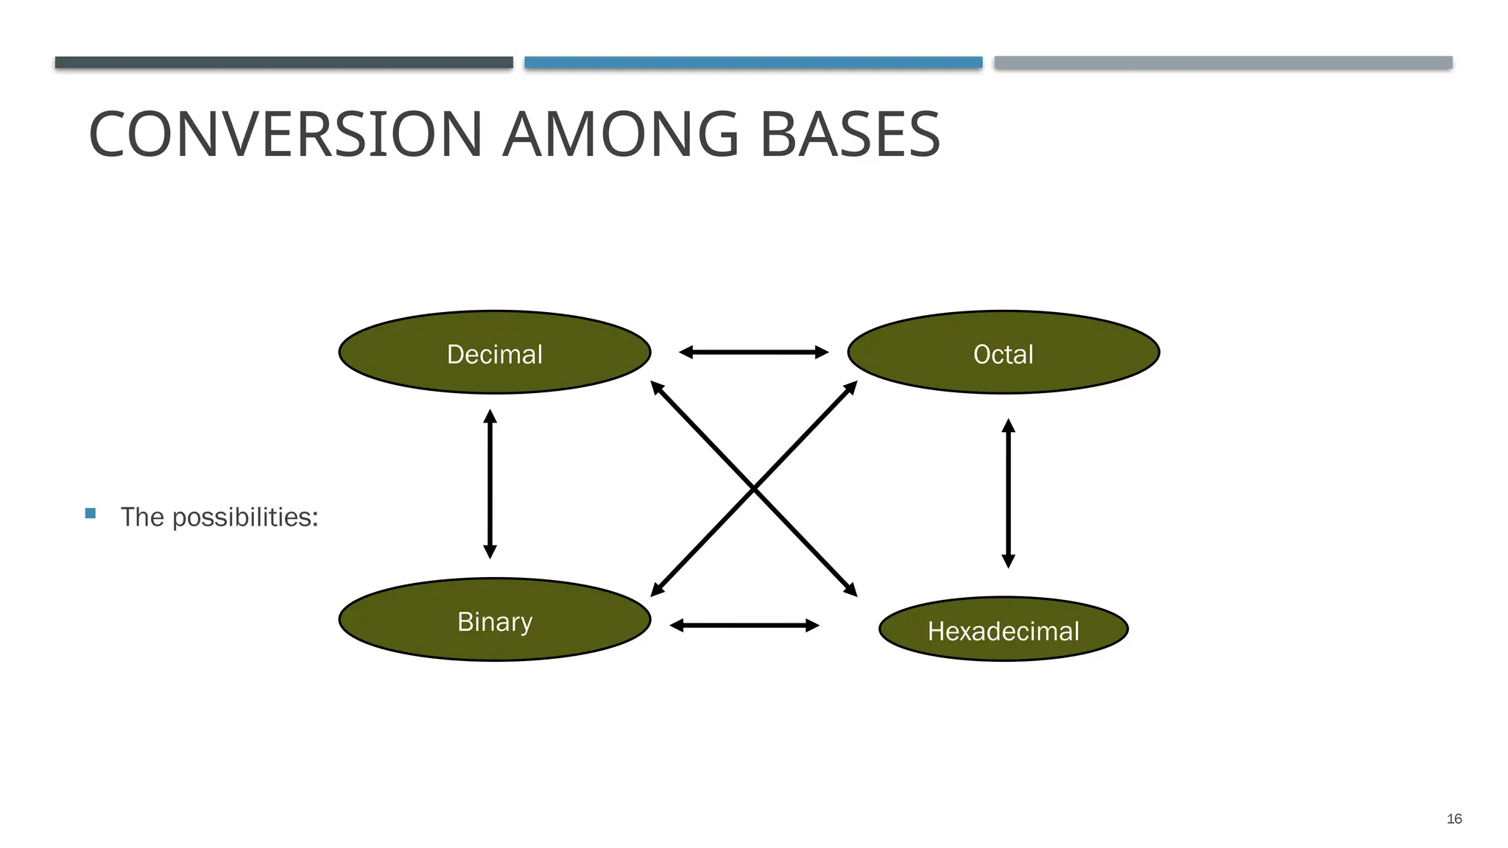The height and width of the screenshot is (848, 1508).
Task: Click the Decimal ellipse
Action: [495, 353]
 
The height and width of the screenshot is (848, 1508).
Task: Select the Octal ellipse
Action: [1003, 353]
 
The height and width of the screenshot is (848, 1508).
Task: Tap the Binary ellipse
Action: [495, 620]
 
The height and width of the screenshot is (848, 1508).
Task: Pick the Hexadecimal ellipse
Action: [1003, 629]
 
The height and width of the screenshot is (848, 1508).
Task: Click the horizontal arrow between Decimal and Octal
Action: [753, 353]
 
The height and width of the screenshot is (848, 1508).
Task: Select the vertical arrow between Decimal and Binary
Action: [490, 484]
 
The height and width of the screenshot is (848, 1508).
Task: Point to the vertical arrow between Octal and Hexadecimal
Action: [1009, 493]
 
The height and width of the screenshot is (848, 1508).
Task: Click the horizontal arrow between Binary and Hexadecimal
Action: [744, 626]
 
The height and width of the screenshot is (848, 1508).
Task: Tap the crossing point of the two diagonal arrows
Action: [754, 488]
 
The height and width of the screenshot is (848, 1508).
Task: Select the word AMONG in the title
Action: [620, 135]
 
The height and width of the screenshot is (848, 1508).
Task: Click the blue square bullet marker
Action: [91, 514]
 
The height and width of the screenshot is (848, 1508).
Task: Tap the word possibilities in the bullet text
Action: [244, 517]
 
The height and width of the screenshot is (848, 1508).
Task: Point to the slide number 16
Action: [1454, 819]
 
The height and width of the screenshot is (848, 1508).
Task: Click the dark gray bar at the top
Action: [283, 63]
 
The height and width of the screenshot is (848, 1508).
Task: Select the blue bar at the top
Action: [753, 63]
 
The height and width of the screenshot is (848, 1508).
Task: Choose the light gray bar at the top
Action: [1223, 63]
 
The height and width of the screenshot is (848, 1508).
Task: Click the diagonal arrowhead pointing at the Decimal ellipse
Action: [657, 387]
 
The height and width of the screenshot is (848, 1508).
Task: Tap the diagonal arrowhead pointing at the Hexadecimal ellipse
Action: [851, 590]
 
